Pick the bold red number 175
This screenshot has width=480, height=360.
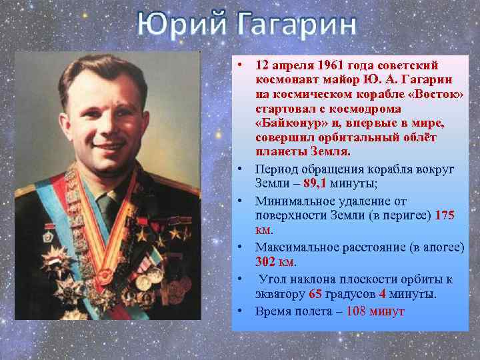444,215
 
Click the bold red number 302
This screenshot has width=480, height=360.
266,261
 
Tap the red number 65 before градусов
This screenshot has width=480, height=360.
316,293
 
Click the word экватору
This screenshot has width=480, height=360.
281,293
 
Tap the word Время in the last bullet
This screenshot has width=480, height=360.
272,311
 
